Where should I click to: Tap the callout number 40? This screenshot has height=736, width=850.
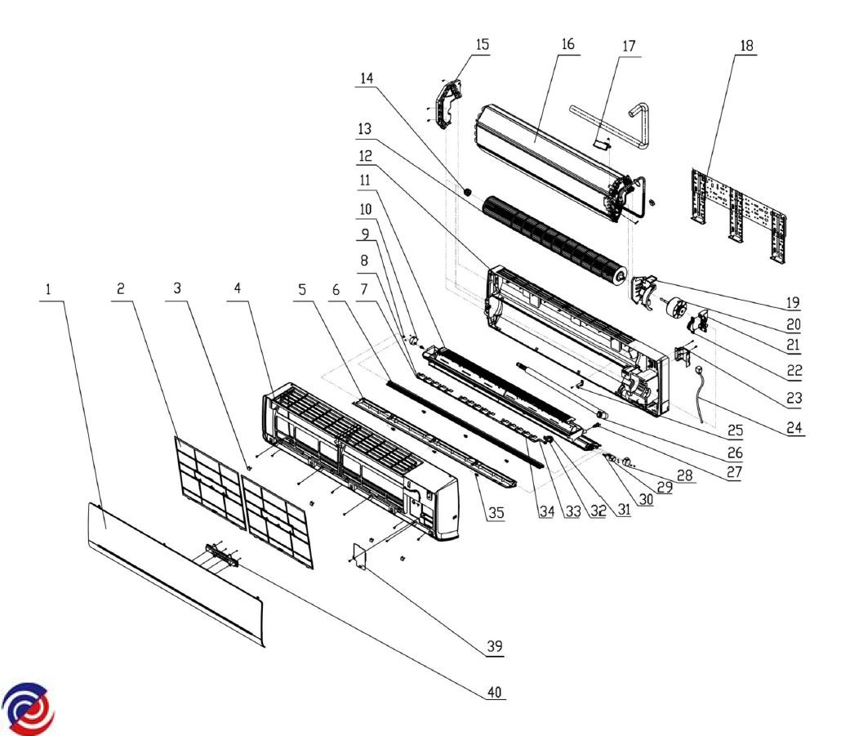[495, 693]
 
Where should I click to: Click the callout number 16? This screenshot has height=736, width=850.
[567, 46]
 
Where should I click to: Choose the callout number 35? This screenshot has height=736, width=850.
[495, 513]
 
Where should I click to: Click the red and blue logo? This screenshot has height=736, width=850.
[29, 704]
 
